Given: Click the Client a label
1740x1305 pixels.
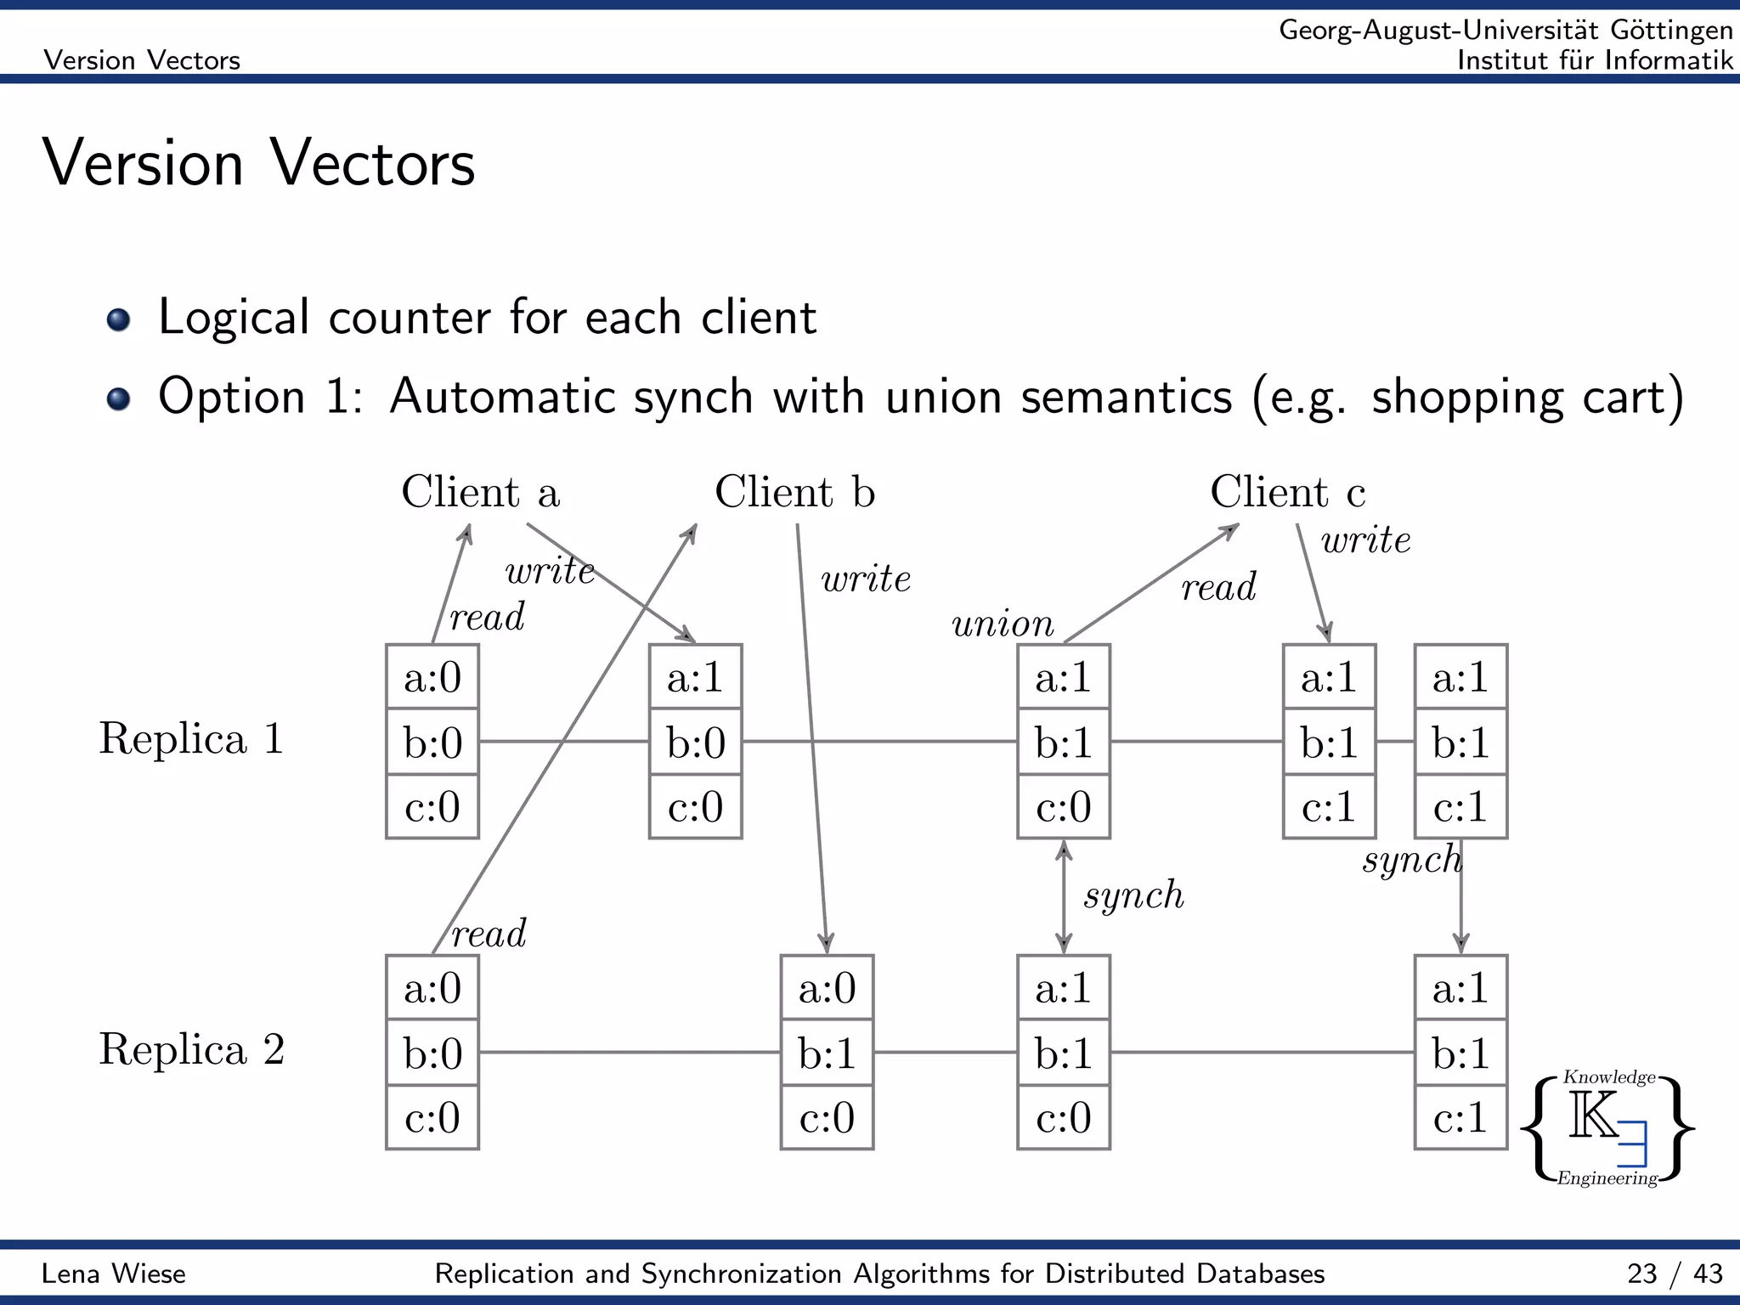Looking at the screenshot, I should coord(480,492).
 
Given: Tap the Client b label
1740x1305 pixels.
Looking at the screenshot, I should coord(794,492).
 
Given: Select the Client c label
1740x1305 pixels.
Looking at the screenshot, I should coord(1287,492).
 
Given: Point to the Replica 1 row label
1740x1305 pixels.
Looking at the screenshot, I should coord(191,738).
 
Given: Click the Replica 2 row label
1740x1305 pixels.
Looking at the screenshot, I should coord(191,1049).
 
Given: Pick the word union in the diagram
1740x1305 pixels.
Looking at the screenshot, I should coord(1003,624).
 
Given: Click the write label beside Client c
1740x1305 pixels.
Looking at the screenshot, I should coord(1365,540).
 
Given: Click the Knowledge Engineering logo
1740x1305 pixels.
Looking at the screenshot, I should coord(1607,1128).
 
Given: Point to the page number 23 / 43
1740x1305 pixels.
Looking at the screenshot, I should coord(1674,1274).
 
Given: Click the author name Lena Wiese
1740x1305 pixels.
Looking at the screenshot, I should coord(114,1274).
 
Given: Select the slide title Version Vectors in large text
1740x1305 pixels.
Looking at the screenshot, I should coord(258,163).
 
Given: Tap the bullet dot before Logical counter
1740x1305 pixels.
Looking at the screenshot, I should coord(119,319).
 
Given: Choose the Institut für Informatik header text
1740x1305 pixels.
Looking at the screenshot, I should coord(1594,60).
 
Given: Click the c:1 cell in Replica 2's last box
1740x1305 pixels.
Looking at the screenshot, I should coord(1460,1117).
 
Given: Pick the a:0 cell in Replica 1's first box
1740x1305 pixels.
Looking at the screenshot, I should coord(432,677).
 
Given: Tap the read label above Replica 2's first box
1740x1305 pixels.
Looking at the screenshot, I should coord(489,935).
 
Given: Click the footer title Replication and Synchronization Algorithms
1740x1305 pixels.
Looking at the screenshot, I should coord(879,1274).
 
